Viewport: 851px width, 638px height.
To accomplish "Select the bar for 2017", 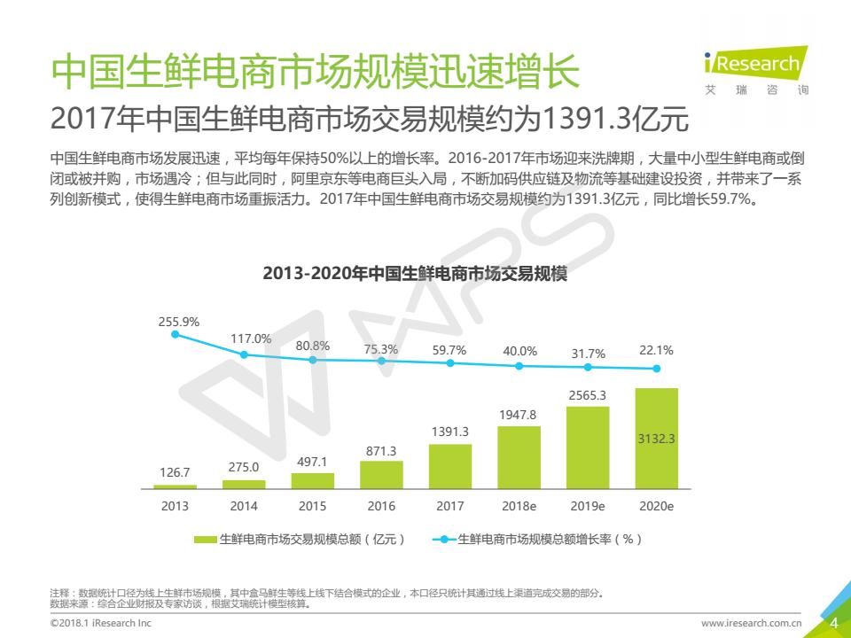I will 450,466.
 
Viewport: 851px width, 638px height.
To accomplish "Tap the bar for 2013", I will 175,486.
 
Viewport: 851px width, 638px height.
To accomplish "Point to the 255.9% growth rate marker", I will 175,334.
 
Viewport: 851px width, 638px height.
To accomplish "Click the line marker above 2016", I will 381,361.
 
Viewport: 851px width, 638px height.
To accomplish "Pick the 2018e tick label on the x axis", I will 519,507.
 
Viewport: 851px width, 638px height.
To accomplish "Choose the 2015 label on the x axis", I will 312,507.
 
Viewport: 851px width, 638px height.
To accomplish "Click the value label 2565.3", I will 588,395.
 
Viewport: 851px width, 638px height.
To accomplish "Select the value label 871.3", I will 381,451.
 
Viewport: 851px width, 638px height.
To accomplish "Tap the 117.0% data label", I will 251,338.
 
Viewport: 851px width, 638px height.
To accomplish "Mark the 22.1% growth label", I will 656,351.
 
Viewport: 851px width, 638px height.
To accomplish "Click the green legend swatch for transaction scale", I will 205,539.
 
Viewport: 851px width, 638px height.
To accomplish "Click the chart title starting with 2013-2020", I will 415,274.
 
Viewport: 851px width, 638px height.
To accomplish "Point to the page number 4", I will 833,624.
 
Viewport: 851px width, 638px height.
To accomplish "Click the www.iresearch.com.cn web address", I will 751,624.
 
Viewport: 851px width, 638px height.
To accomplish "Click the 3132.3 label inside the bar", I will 657,439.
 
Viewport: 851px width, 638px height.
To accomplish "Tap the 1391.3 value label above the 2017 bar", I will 450,432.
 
